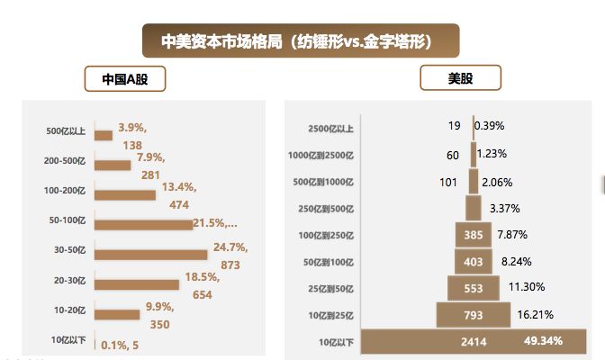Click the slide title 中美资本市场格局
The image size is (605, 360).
302,40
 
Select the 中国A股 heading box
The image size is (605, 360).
125,79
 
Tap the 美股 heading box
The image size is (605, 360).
460,79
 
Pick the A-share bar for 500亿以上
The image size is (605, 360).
103,135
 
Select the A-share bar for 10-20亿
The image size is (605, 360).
117,314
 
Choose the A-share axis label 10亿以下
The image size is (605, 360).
67,340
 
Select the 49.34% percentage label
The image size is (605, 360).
544,341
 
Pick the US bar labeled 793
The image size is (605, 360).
473,315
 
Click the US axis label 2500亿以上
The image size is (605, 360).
330,129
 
